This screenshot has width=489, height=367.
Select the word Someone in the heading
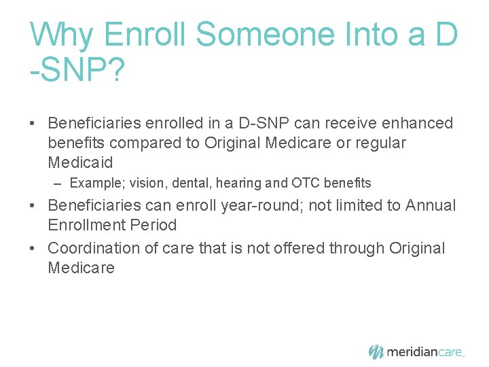(x=252, y=34)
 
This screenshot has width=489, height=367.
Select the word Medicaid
(x=80, y=162)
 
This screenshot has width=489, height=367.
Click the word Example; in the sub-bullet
(x=94, y=183)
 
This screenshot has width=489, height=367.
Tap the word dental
(x=177, y=183)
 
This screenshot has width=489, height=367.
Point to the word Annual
(x=431, y=205)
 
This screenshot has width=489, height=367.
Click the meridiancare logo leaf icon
(x=376, y=351)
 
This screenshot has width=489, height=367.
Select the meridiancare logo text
(x=424, y=352)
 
